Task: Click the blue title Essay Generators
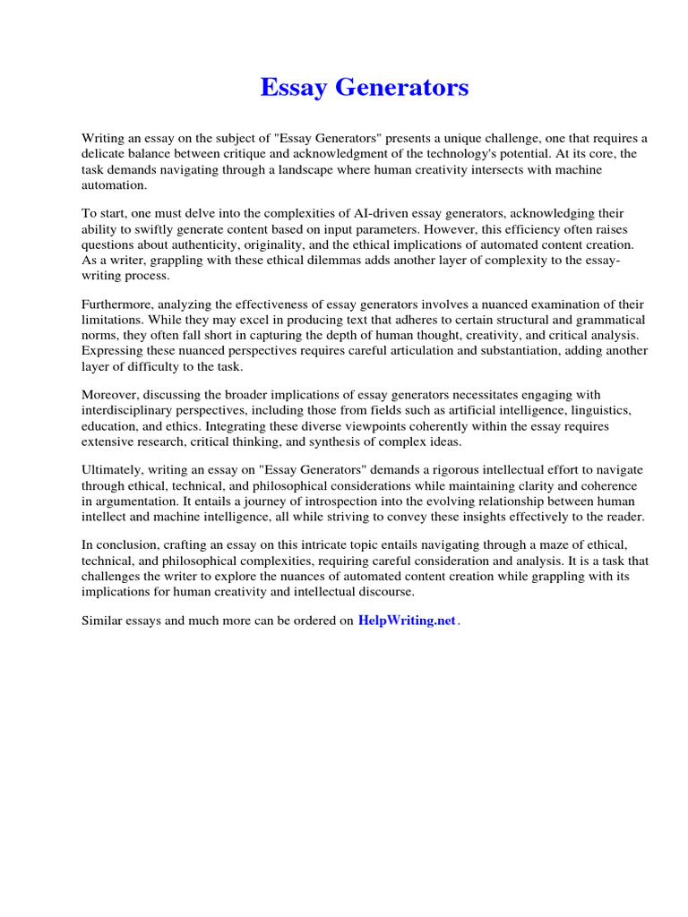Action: [364, 88]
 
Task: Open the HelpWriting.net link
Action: [407, 621]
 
